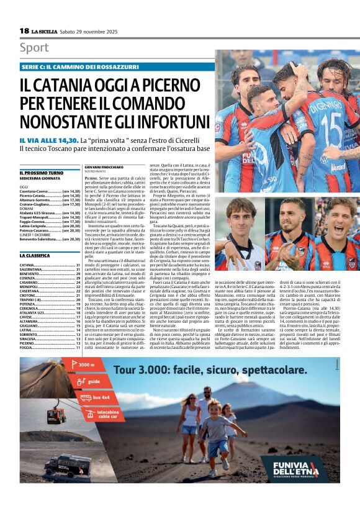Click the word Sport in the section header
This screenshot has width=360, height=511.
point(34,48)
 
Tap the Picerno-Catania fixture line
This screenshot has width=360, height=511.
point(50,196)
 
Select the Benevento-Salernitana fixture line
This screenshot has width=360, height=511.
point(50,238)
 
